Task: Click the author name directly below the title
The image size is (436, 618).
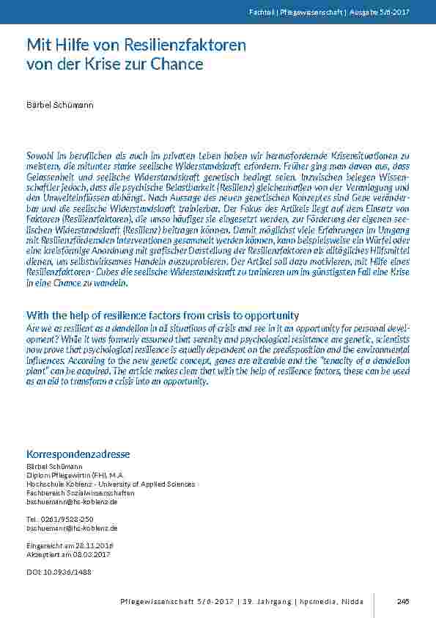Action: pyautogui.click(x=60, y=106)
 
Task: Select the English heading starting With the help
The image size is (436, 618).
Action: pyautogui.click(x=163, y=315)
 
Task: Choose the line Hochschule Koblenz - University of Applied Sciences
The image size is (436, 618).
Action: pyautogui.click(x=111, y=484)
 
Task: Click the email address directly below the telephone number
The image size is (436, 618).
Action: pyautogui.click(x=72, y=528)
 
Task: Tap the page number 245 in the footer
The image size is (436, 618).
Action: pyautogui.click(x=402, y=601)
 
